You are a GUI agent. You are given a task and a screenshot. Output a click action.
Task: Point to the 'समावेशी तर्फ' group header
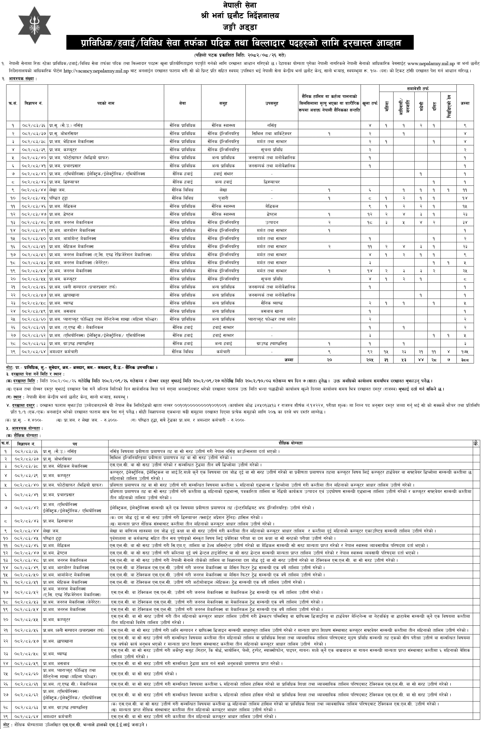418,89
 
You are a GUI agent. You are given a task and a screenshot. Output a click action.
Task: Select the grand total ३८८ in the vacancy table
465,360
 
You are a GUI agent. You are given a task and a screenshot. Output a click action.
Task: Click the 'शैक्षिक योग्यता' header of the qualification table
290,443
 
